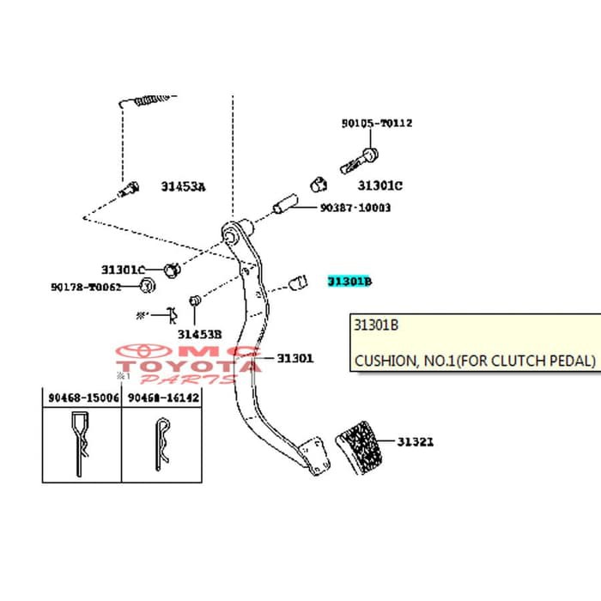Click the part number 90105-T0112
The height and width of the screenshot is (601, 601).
(x=376, y=123)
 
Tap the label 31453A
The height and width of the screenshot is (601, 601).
(x=184, y=186)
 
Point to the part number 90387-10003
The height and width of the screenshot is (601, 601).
(x=355, y=208)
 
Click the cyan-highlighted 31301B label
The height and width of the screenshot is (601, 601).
(x=349, y=281)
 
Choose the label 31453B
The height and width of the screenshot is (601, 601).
(x=200, y=333)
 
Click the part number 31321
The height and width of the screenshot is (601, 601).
(x=415, y=442)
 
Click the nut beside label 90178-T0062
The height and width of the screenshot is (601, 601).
(x=147, y=286)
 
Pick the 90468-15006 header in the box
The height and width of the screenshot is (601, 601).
(x=82, y=398)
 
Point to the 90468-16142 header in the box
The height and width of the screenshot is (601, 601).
(x=163, y=398)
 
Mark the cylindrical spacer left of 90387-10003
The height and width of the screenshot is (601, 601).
(x=283, y=207)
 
